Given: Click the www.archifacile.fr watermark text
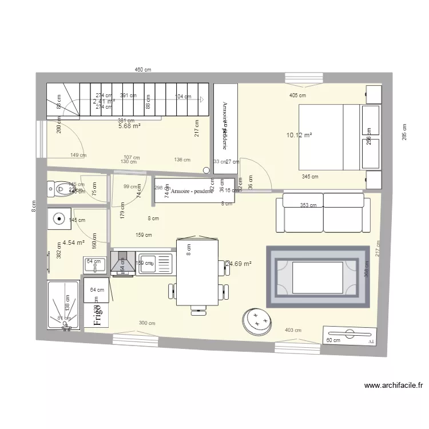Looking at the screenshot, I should click(393, 386).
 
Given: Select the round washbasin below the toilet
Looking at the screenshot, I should click(59, 218).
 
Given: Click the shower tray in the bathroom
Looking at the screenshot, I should click(63, 305).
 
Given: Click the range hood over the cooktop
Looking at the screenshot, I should click(122, 264).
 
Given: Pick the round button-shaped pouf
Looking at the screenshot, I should click(256, 321).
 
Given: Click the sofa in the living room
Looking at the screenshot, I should click(320, 212).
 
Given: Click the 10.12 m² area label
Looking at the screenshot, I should click(299, 136).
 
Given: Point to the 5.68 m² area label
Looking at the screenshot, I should click(129, 126).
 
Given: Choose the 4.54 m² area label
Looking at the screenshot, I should click(74, 243).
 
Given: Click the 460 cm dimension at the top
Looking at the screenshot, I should click(142, 70).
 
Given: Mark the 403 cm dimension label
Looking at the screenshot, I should click(293, 330).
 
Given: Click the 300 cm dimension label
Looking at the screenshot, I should click(147, 323).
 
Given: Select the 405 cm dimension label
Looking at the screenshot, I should click(297, 96).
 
